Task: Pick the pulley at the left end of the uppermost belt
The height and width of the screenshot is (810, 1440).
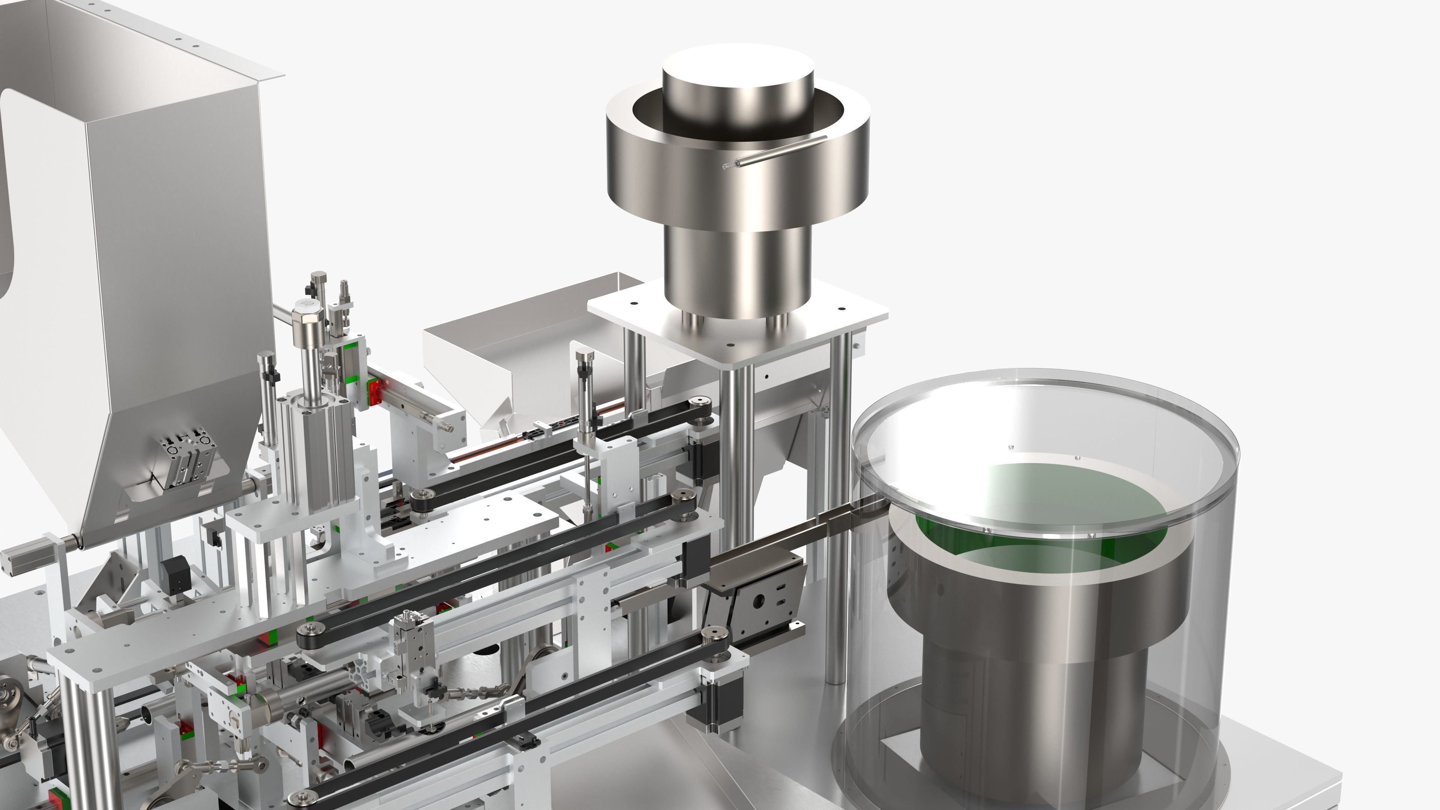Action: click(423, 496)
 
